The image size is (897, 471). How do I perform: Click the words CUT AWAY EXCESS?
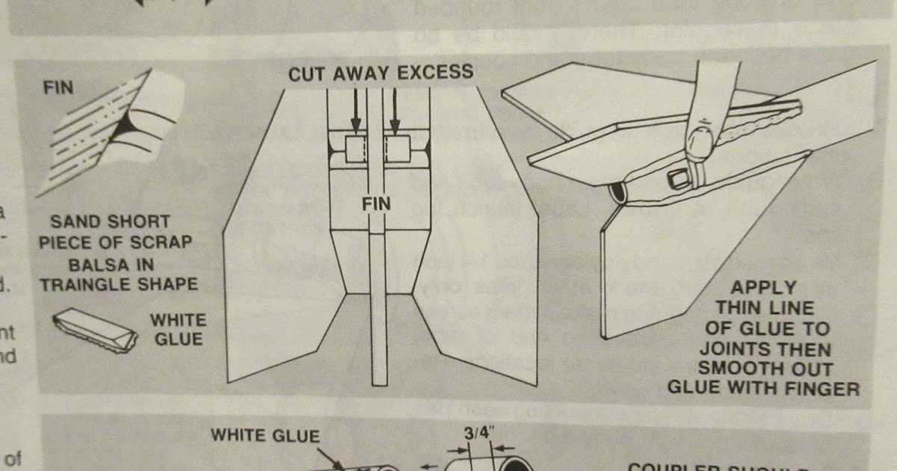point(380,73)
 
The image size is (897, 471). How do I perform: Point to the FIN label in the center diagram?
point(376,203)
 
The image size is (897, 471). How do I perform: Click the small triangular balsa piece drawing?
point(95,330)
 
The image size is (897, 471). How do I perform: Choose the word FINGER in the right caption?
point(823,388)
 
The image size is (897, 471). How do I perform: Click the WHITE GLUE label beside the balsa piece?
point(177,329)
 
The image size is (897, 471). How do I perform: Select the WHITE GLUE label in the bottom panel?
point(265,436)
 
